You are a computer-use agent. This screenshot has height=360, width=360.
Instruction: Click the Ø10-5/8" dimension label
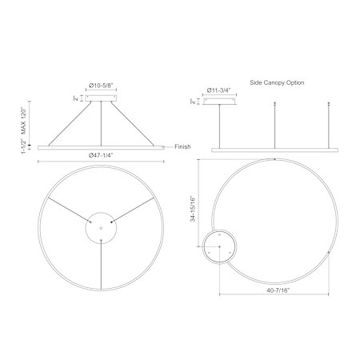pos(101,86)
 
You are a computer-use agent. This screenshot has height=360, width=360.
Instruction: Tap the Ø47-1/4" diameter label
pos(101,155)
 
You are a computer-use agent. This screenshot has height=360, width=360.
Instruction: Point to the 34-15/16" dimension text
pos(193,209)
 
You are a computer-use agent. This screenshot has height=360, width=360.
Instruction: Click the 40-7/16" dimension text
pos(278,290)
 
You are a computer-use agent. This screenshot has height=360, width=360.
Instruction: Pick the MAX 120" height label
pos(25,122)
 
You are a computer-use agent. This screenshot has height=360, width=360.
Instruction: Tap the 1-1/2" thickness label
pos(25,146)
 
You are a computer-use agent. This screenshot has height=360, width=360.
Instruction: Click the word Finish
pos(182,146)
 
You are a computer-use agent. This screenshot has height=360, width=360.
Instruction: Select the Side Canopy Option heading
pos(277,82)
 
